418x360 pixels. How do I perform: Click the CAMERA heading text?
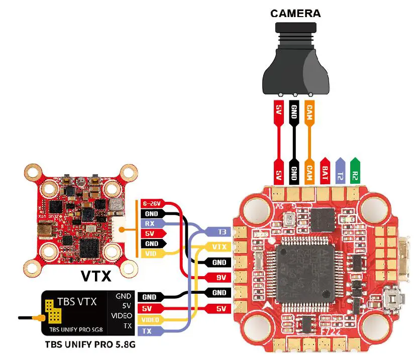pyautogui.click(x=295, y=13)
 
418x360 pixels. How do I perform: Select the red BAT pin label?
pyautogui.click(x=325, y=171)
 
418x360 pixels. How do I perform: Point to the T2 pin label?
pyautogui.click(x=340, y=171)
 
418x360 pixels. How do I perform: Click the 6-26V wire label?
pyautogui.click(x=151, y=204)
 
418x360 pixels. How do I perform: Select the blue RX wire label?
pyautogui.click(x=150, y=223)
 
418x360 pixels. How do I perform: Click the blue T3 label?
pyautogui.click(x=219, y=232)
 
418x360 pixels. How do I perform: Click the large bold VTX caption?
pyautogui.click(x=95, y=276)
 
